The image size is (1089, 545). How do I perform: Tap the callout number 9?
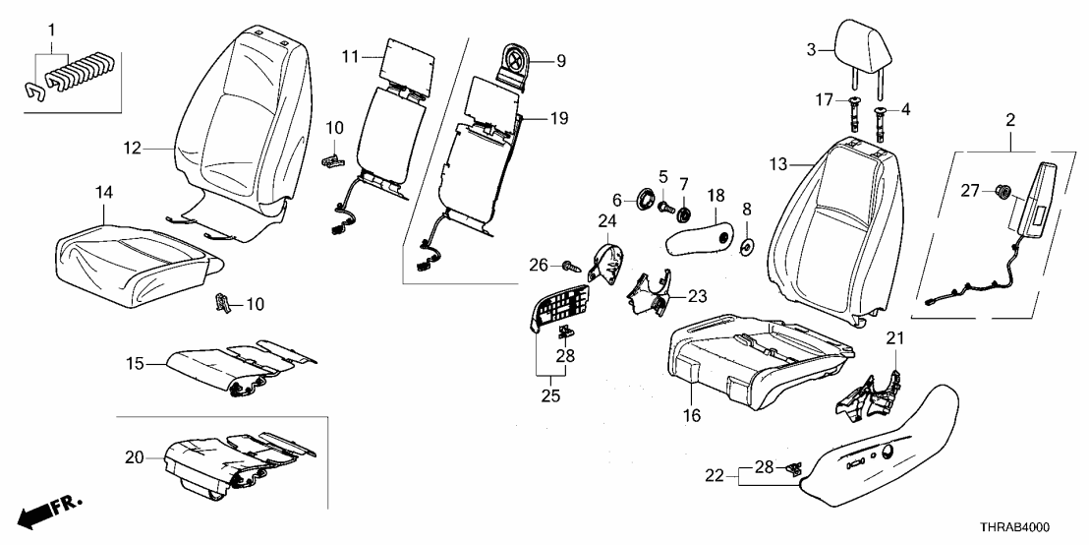[x=560, y=62]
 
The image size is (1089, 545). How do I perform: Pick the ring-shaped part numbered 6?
[x=645, y=198]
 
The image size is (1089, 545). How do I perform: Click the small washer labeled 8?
[x=747, y=245]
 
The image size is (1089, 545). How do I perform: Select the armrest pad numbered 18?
[x=699, y=239]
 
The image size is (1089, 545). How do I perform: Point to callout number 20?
[x=134, y=457]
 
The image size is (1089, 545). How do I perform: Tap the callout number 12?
[x=133, y=149]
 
